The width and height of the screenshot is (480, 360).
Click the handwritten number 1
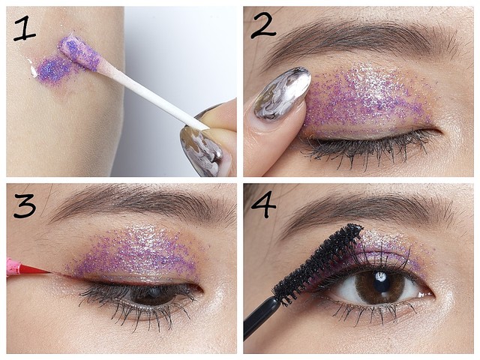[x=25, y=30]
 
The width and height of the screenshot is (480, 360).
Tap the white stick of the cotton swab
[x=153, y=97]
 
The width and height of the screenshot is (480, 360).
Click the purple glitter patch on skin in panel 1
[x=52, y=69]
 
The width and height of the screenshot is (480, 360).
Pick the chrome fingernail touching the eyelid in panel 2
[x=281, y=93]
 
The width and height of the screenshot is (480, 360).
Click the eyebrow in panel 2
[x=361, y=39]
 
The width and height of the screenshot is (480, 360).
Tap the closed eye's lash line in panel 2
[x=367, y=144]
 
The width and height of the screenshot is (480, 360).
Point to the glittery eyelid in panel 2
[x=367, y=101]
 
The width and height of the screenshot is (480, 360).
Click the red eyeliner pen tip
[x=34, y=268]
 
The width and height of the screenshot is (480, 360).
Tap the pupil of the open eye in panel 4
[x=382, y=283]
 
